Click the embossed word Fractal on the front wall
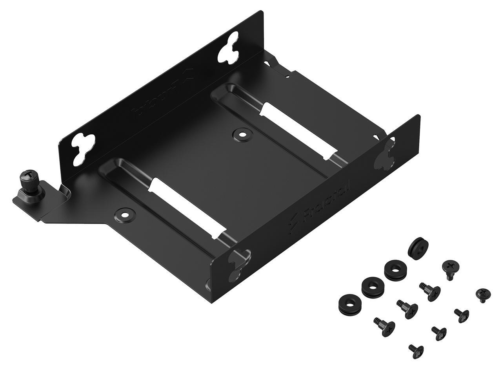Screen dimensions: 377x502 [330, 200]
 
